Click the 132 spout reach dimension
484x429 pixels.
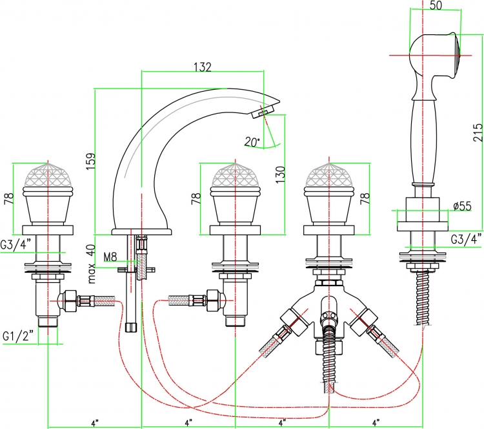point(202,67)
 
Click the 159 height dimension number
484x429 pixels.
point(91,162)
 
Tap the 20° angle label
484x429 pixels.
point(252,141)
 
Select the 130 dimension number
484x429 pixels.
point(280,174)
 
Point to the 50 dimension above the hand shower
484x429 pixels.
point(436,5)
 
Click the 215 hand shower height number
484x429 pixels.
point(478,132)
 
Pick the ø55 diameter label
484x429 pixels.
point(463,205)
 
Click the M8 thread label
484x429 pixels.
point(110,256)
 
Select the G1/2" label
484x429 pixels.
point(18,336)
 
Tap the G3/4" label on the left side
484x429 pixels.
point(15,244)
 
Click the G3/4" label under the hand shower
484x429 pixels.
point(466,238)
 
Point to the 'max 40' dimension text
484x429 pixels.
point(92,264)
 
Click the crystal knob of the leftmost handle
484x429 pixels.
point(48,175)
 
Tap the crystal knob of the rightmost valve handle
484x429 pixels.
point(329,175)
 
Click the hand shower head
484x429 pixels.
point(435,56)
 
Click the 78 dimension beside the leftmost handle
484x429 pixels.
point(9,198)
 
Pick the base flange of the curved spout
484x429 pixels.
point(141,232)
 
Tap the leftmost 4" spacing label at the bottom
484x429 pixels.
point(95,422)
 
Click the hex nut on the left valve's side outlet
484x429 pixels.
point(70,300)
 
